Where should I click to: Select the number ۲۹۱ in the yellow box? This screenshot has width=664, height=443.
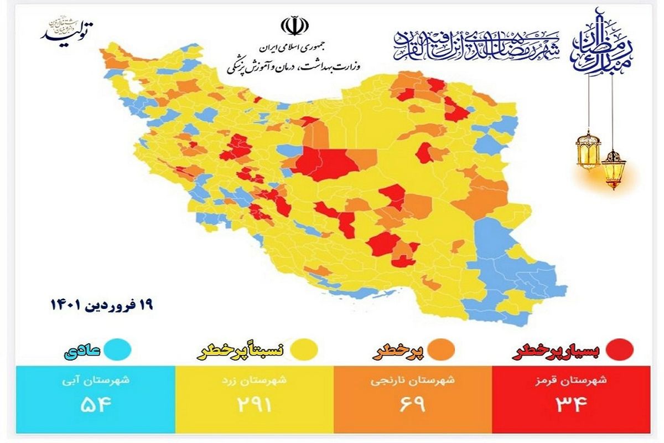pos(255,404)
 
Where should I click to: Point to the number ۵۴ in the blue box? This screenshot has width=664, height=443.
pos(96,404)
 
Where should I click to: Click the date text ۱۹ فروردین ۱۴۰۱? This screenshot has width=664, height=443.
pos(101,304)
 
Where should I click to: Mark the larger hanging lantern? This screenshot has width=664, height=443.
pos(588,150)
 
